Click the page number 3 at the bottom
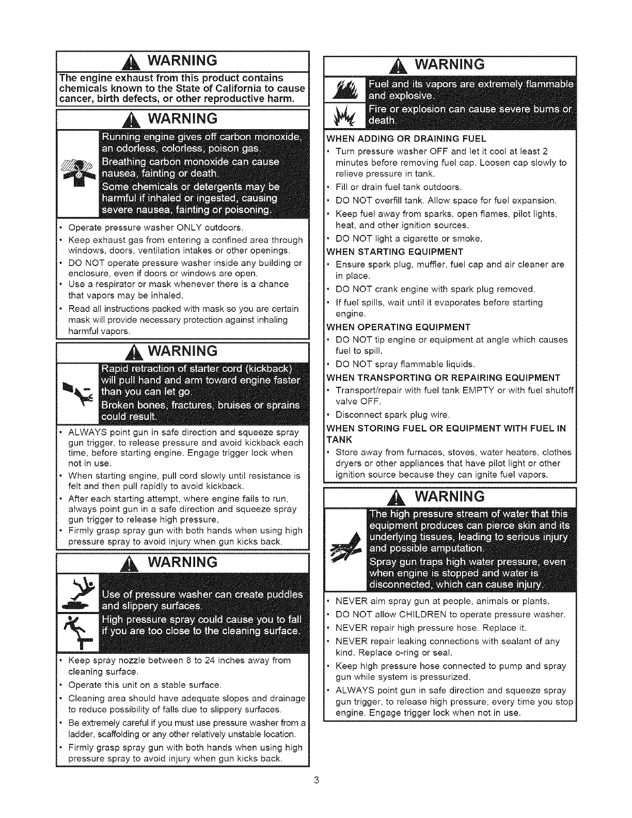316,780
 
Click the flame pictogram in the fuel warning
342,86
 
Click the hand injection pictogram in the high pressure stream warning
344,548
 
